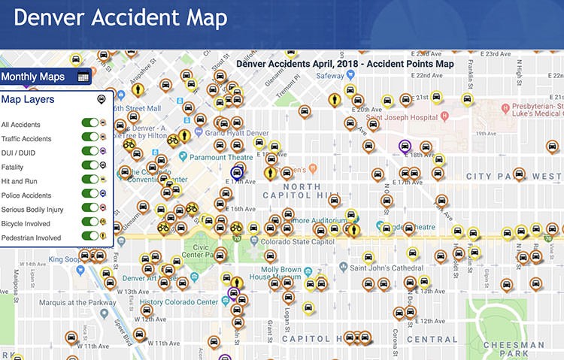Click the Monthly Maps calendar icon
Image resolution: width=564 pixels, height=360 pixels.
[83, 77]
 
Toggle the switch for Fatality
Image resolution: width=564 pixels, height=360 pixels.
[92, 166]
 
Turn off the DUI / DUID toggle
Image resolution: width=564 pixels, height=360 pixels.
[92, 152]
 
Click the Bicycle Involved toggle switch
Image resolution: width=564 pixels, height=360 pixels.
[92, 222]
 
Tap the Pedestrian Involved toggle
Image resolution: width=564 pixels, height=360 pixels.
[92, 237]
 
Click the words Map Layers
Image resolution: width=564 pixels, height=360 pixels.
[27, 98]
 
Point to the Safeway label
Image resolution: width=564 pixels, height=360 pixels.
[329, 76]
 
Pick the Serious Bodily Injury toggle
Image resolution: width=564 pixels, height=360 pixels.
[92, 208]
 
